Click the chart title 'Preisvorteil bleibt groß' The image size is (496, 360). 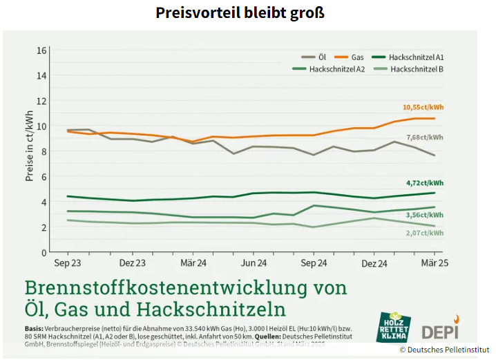240,13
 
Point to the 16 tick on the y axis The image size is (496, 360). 41,50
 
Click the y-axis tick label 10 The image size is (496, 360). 41,126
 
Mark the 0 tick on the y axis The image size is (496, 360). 44,253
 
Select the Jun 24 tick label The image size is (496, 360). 254,263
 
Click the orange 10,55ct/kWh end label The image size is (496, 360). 423,107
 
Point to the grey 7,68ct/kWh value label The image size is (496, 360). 425,138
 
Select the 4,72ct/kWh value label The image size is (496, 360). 425,183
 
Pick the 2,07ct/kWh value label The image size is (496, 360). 425,234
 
